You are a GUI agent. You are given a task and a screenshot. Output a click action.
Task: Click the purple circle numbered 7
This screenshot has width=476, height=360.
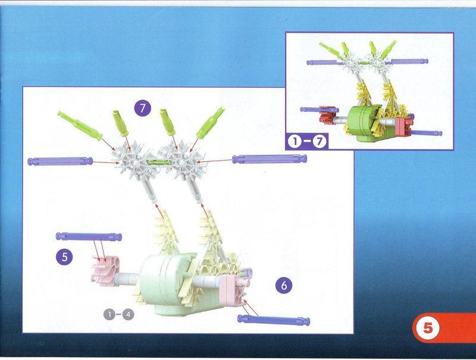(143, 108)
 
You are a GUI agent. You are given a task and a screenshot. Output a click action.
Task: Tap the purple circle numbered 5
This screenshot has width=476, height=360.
(64, 257)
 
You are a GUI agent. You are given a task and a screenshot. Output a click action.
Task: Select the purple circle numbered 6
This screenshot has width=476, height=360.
(284, 286)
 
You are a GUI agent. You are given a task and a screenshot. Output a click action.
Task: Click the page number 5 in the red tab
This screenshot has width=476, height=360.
(428, 328)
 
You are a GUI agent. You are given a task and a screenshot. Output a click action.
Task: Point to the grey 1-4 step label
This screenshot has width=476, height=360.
(118, 315)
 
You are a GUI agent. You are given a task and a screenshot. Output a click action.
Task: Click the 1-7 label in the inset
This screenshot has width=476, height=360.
(307, 142)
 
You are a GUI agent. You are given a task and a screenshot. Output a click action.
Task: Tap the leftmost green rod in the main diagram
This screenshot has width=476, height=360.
(80, 126)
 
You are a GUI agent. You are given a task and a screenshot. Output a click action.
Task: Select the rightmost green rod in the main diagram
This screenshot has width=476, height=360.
(211, 122)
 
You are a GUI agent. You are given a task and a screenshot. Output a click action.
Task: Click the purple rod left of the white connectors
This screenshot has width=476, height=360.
(60, 161)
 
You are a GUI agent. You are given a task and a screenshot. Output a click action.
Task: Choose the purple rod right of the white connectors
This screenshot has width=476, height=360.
(270, 159)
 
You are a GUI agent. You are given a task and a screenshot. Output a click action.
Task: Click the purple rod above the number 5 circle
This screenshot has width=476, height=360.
(89, 236)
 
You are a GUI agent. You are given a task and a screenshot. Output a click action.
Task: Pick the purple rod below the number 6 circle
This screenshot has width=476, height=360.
(274, 320)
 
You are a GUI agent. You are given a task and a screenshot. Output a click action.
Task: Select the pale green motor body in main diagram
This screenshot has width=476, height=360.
(170, 284)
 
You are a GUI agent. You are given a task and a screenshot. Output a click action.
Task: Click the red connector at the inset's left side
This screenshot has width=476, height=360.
(327, 115)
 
